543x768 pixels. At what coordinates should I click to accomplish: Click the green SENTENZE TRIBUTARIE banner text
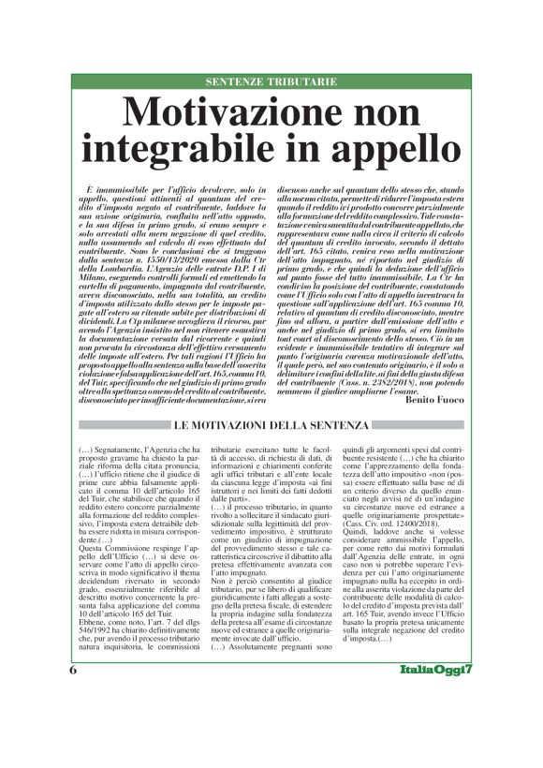(x=271, y=82)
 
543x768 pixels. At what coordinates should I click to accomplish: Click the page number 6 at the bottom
(x=72, y=723)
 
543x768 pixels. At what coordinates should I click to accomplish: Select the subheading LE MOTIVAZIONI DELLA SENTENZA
(x=271, y=428)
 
